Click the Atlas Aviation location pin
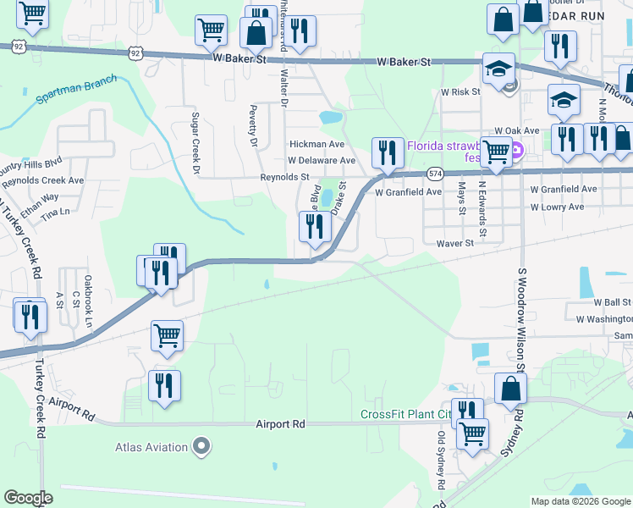[201, 445]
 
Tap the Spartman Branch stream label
[76, 90]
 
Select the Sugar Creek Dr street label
[195, 143]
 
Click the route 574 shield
[435, 173]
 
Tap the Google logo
[29, 498]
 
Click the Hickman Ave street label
[317, 144]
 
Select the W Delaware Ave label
[322, 160]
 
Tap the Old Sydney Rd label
[441, 461]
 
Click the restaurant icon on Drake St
[312, 227]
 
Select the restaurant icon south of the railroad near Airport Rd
[163, 386]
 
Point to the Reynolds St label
[284, 177]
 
